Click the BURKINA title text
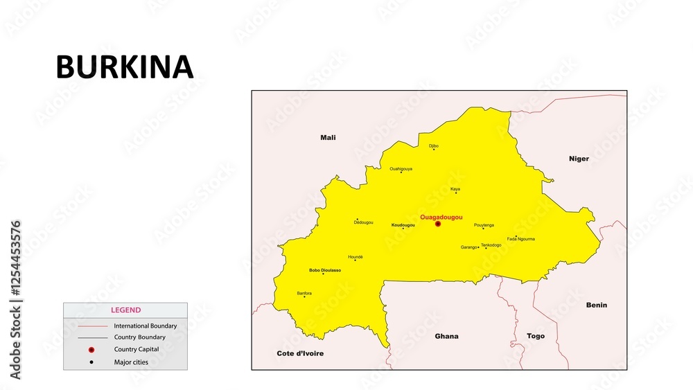(x=124, y=67)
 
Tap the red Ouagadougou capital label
(x=441, y=217)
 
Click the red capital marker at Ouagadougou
(x=438, y=224)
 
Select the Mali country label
(x=328, y=137)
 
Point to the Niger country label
(x=579, y=159)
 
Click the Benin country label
(x=596, y=305)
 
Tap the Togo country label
(x=536, y=336)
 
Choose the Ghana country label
(x=446, y=336)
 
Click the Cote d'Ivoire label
(x=300, y=353)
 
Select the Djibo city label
(x=434, y=145)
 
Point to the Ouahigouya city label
(x=401, y=168)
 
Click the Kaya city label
(x=455, y=188)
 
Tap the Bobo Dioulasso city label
(x=324, y=269)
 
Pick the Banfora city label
(x=304, y=293)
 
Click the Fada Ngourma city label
(x=520, y=239)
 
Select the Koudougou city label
(x=403, y=225)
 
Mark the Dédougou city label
(x=363, y=222)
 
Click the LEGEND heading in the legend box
(x=125, y=310)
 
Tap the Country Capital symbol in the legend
(x=91, y=350)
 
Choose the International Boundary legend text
(x=145, y=326)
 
